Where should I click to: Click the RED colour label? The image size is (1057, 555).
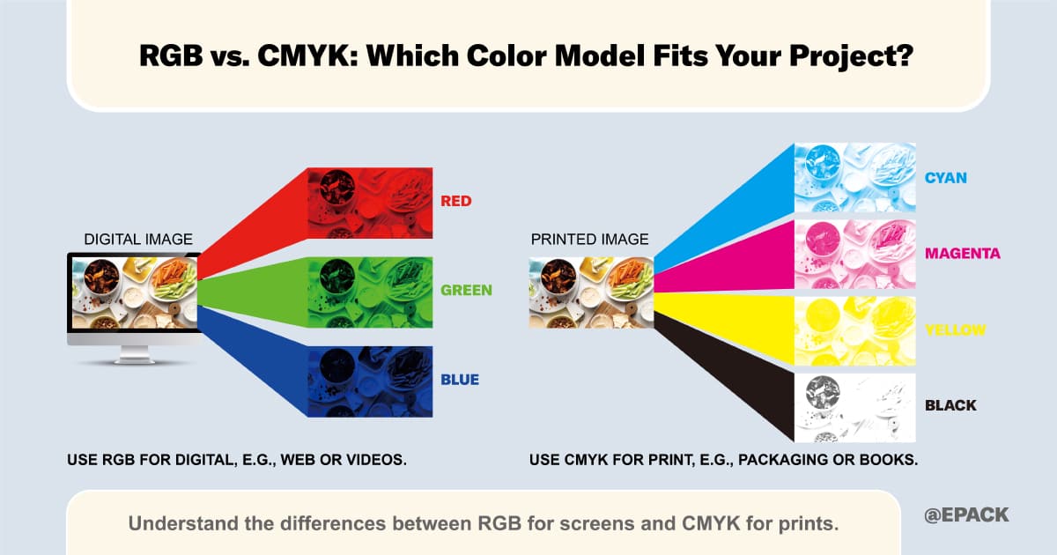click(456, 201)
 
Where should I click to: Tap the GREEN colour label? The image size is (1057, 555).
click(466, 290)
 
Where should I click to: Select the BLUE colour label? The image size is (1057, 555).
click(460, 380)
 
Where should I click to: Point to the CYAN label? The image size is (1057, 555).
click(946, 178)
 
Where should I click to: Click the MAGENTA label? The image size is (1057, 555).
click(963, 254)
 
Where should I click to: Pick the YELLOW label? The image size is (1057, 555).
click(955, 329)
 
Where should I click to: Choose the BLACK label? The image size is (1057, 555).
click(950, 405)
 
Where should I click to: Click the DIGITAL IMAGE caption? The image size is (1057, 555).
click(138, 240)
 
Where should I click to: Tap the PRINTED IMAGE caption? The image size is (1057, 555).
click(589, 240)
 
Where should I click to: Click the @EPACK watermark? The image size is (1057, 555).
click(966, 514)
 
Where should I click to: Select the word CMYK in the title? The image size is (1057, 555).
click(307, 55)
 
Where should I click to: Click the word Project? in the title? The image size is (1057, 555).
click(851, 56)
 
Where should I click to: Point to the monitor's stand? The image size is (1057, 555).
click(135, 355)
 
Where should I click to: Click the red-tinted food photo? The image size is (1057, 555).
click(370, 203)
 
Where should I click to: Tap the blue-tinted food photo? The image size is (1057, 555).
click(370, 381)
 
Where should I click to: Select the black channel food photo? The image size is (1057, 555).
click(855, 408)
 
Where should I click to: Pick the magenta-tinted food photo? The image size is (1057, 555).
click(855, 255)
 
